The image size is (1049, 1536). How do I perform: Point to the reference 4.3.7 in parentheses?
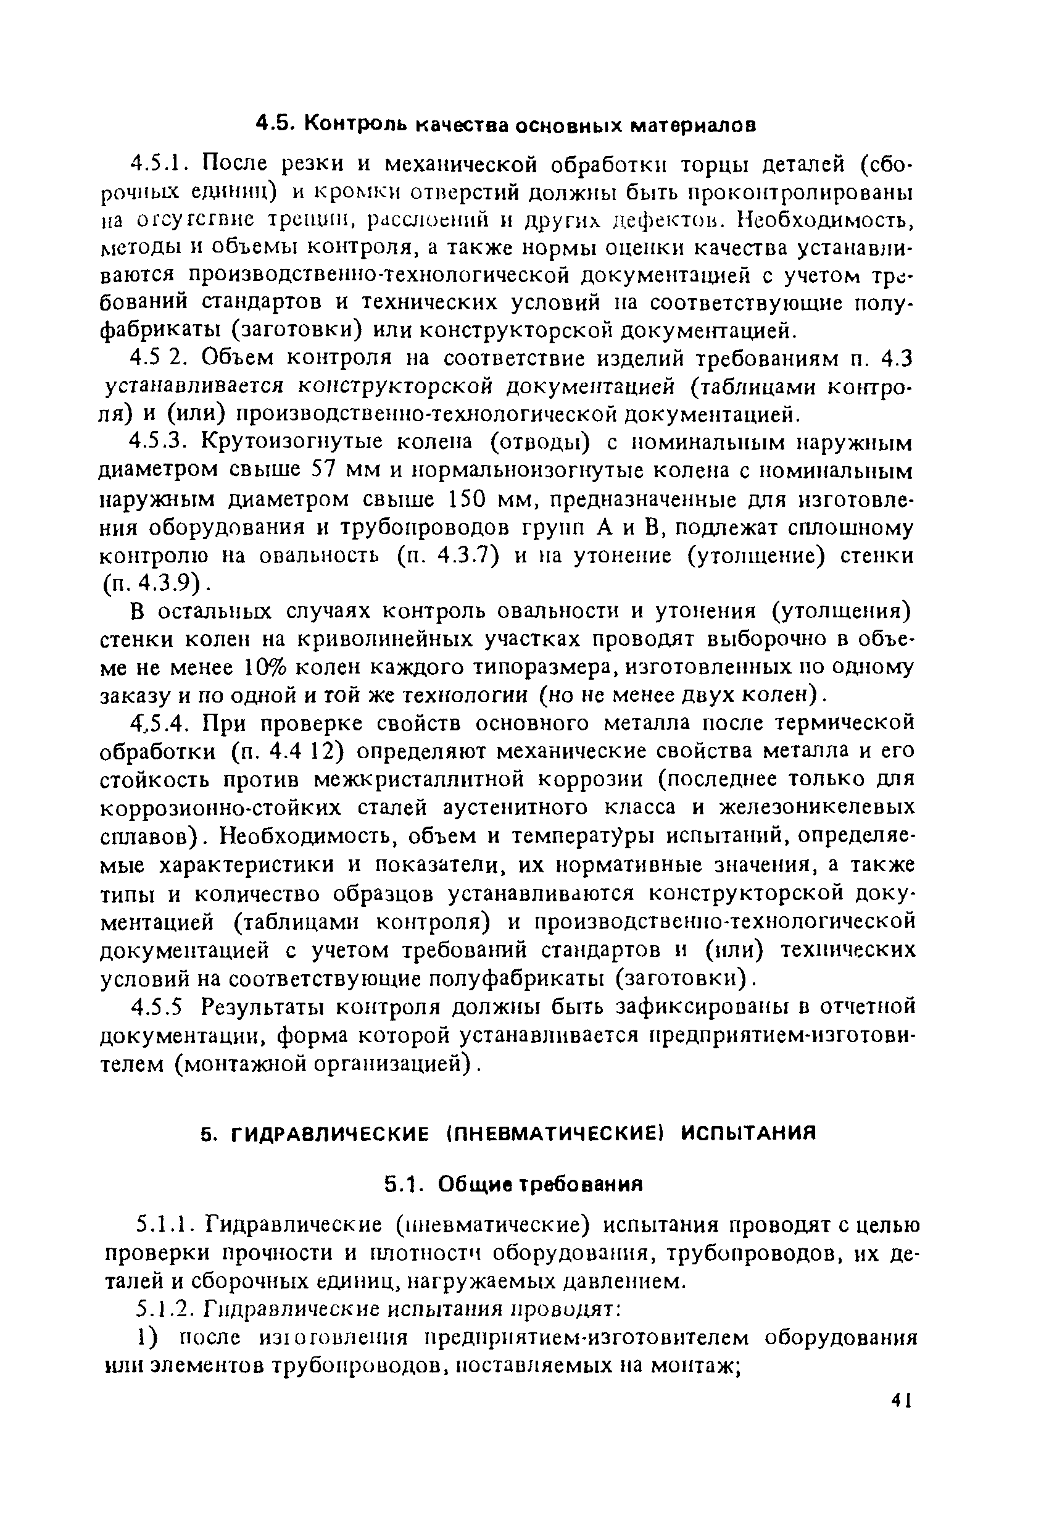click(x=463, y=556)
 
